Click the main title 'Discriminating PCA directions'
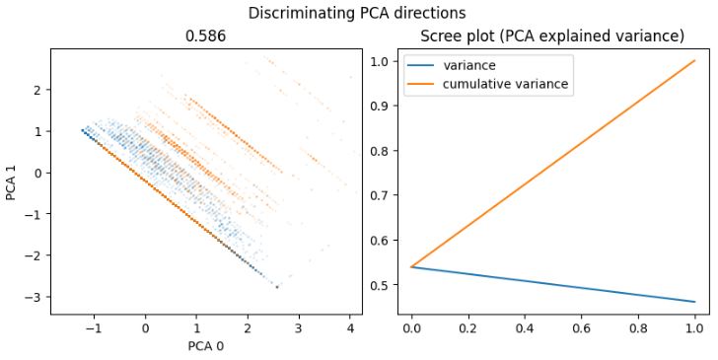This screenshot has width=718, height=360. click(357, 13)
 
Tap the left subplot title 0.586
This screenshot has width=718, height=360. click(206, 36)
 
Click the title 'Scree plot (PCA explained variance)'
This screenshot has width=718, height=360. click(552, 36)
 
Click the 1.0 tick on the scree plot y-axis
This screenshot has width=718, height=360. click(384, 61)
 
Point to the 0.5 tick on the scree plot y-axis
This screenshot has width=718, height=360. click(384, 285)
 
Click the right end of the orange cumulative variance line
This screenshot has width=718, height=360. click(694, 61)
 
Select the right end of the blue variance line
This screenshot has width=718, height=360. click(694, 302)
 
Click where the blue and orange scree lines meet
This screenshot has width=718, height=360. click(412, 267)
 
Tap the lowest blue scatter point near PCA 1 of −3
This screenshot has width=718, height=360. click(277, 287)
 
